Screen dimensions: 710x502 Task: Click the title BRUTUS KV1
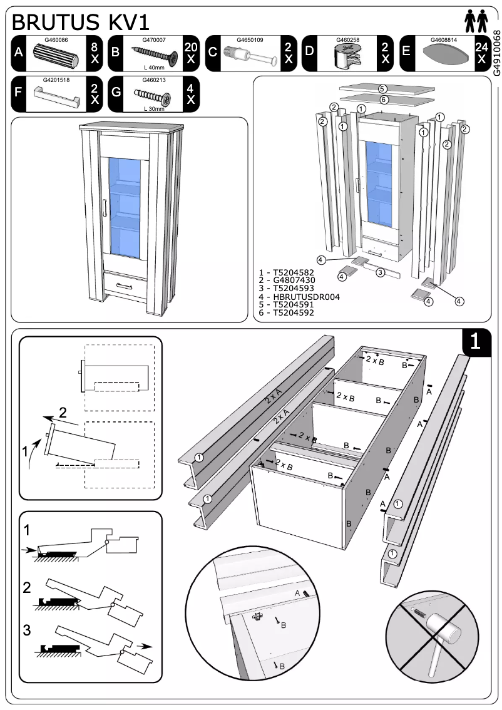point(81,23)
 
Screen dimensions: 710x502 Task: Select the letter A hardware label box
point(19,52)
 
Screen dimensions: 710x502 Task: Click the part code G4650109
point(250,40)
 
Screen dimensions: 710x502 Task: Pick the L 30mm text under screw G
point(153,109)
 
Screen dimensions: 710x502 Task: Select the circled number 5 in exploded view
point(382,89)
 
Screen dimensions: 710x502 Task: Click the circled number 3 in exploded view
point(379,272)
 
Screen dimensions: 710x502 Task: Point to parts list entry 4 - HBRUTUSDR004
point(299,296)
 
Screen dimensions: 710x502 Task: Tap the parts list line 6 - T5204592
point(286,312)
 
